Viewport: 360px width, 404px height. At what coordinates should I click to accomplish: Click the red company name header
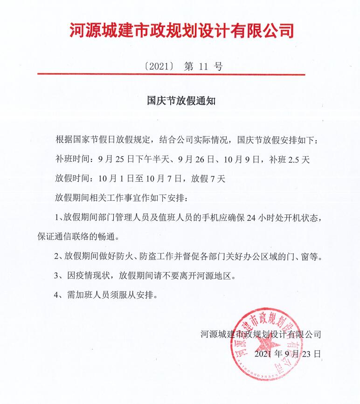click(x=182, y=31)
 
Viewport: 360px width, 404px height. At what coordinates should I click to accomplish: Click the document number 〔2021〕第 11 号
click(x=183, y=66)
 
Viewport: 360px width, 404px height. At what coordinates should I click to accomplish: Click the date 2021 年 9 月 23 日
click(x=288, y=354)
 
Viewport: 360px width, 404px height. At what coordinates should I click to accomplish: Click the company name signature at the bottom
click(x=260, y=334)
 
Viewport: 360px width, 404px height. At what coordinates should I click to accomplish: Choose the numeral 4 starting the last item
click(x=56, y=295)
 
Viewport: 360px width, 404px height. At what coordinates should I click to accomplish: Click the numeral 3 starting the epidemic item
click(x=56, y=275)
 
